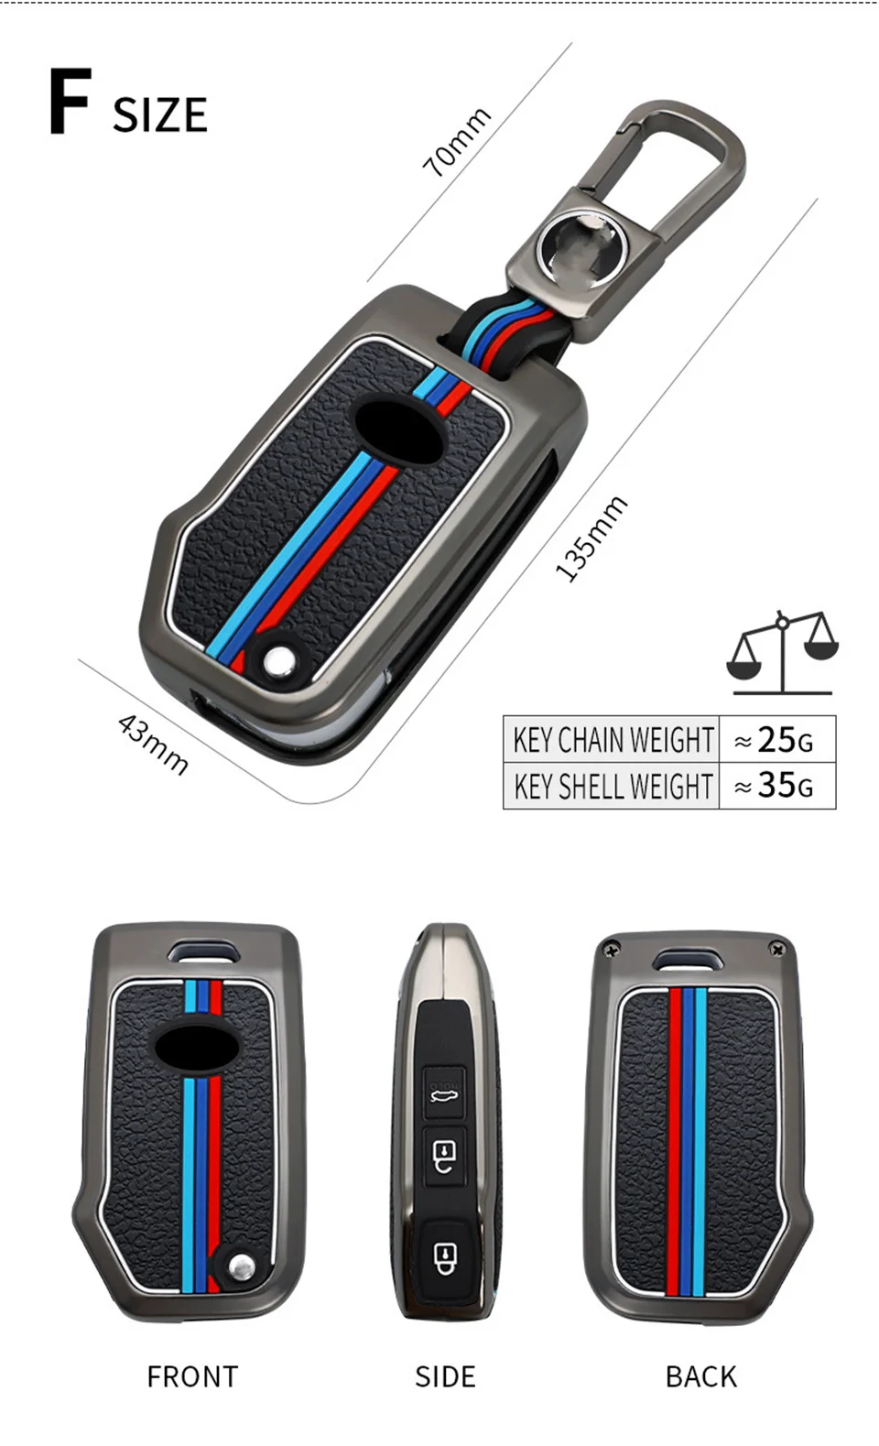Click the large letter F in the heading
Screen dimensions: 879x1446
(70, 102)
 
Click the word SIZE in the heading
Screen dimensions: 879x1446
(160, 115)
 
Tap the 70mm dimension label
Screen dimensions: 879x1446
(456, 141)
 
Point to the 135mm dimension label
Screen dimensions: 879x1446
(591, 538)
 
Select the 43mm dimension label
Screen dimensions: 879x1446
(153, 745)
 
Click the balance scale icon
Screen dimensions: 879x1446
(782, 651)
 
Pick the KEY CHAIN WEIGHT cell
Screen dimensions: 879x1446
(613, 739)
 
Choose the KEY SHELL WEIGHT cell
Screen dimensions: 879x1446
(613, 786)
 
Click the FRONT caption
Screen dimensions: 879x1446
(192, 1376)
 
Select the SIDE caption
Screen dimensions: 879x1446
(445, 1376)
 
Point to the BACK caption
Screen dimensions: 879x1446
(700, 1376)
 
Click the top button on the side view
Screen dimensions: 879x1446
(445, 1091)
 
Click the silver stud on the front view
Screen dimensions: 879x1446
(241, 1267)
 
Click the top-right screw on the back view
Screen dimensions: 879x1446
(778, 950)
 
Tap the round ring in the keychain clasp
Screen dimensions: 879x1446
(582, 247)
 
